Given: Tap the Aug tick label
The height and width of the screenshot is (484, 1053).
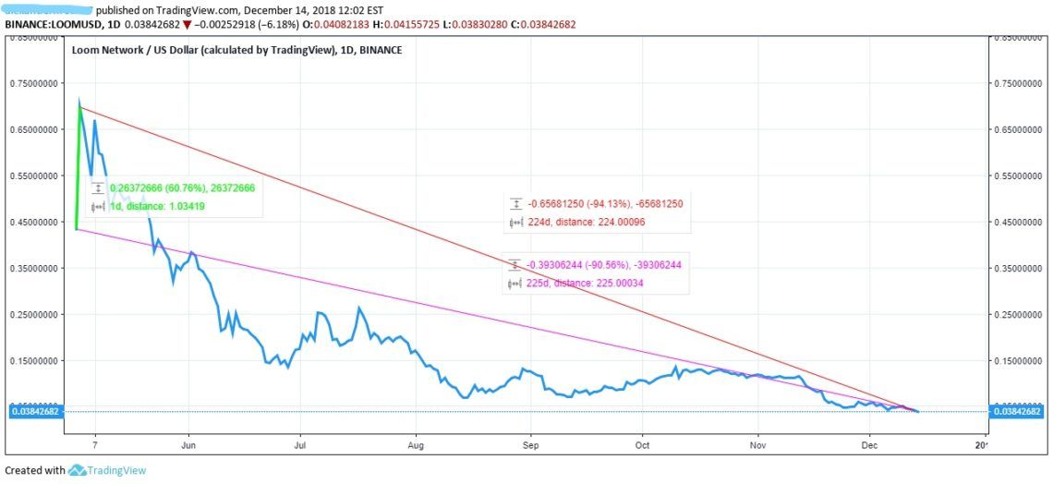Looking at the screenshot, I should pyautogui.click(x=416, y=444).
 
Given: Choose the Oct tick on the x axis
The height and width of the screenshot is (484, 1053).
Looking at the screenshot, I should pyautogui.click(x=643, y=444).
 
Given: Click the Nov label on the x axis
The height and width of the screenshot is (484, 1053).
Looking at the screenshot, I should pyautogui.click(x=757, y=444).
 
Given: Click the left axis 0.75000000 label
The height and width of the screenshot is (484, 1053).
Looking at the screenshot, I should pyautogui.click(x=32, y=84).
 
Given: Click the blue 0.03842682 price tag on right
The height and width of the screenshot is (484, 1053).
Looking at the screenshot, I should pyautogui.click(x=1017, y=412).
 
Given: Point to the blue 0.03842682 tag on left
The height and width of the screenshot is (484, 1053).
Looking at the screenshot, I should pyautogui.click(x=34, y=412).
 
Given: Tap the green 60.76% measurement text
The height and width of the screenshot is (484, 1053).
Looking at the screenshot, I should pyautogui.click(x=182, y=188).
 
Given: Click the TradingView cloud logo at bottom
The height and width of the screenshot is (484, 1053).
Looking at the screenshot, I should pyautogui.click(x=78, y=470).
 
